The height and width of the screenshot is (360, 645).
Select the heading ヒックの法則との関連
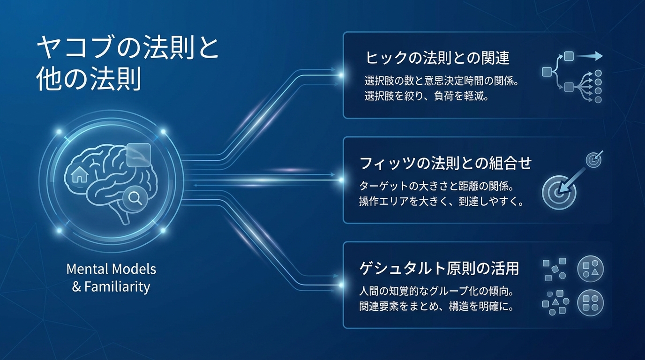437,58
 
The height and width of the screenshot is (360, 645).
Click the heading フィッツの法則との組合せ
445,163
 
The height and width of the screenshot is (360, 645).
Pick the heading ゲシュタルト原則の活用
439,269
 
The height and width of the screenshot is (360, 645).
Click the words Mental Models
111,269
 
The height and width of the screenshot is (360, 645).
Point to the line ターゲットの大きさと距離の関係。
436,186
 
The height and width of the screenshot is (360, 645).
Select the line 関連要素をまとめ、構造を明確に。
436,307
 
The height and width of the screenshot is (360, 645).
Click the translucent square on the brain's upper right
139,155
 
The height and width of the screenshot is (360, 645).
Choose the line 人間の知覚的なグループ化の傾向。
436,292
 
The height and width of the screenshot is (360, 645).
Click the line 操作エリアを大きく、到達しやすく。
441,202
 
